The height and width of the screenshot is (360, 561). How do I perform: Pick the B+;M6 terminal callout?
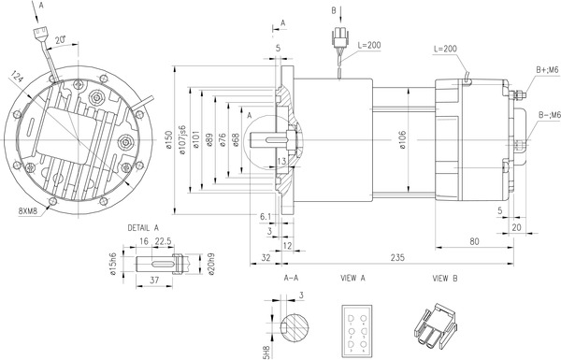click(547, 70)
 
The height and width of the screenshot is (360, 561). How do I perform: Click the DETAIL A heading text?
click(143, 227)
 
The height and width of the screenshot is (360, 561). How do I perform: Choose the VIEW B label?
click(445, 279)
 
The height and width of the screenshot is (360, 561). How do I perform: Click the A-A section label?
click(291, 279)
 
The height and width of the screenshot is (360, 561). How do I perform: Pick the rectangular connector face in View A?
click(357, 327)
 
